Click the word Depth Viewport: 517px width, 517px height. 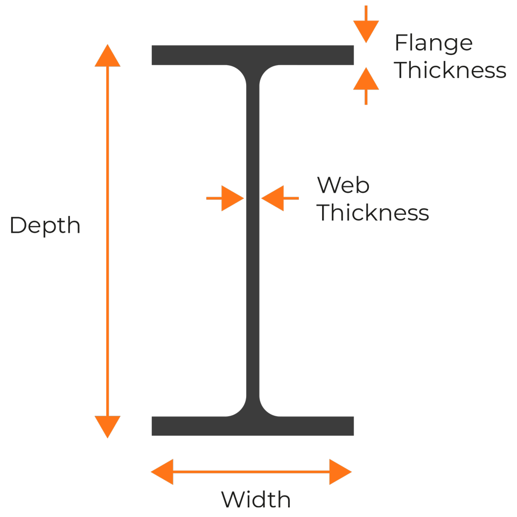[45, 226]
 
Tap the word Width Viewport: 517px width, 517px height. [256, 499]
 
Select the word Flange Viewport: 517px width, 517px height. [434, 44]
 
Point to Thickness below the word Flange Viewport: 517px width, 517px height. [450, 70]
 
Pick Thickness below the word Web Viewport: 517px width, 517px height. [373, 212]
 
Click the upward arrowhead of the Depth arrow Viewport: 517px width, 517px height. [108, 55]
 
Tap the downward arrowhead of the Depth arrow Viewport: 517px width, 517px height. [108, 427]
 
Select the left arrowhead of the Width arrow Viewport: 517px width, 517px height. [162, 472]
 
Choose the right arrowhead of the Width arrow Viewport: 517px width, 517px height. [340, 472]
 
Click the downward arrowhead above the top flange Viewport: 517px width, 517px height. [366, 32]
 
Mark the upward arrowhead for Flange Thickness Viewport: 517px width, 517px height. [366, 79]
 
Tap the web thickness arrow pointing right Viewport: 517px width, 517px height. [225, 198]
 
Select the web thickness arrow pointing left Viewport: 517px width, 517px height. [280, 198]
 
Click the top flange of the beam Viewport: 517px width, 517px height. [253, 55]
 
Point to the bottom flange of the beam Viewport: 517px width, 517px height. [253, 426]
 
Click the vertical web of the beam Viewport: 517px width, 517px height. [253, 241]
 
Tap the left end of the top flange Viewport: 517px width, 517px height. [152, 55]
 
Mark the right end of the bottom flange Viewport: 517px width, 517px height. [353, 426]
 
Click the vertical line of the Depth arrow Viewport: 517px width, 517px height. [108, 241]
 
